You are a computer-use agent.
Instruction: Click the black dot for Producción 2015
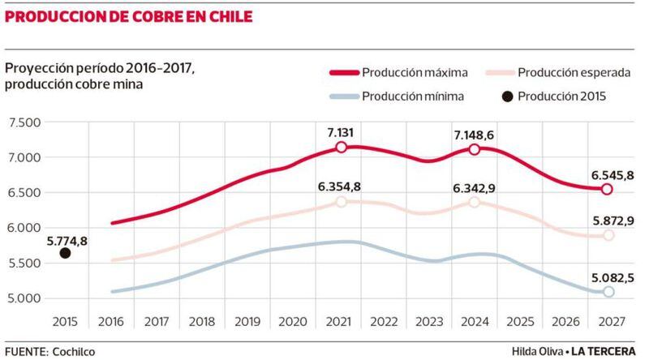tap(66, 253)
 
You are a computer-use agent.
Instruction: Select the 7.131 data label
tap(342, 130)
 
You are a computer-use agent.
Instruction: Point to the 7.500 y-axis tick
tap(24, 122)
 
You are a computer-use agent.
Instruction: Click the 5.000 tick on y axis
tap(24, 298)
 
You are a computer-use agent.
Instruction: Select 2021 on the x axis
tap(342, 321)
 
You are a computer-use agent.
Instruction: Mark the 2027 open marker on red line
tap(606, 189)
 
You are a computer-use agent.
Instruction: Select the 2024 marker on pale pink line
tap(474, 201)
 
